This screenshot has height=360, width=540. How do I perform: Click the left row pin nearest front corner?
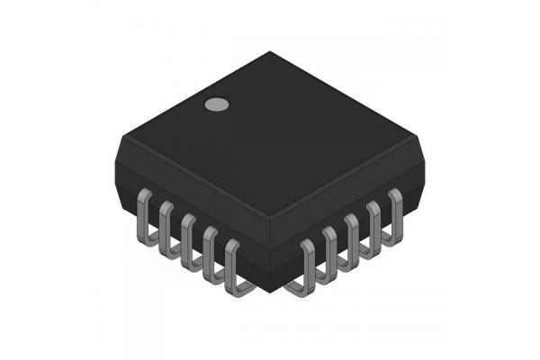[x=233, y=268]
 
